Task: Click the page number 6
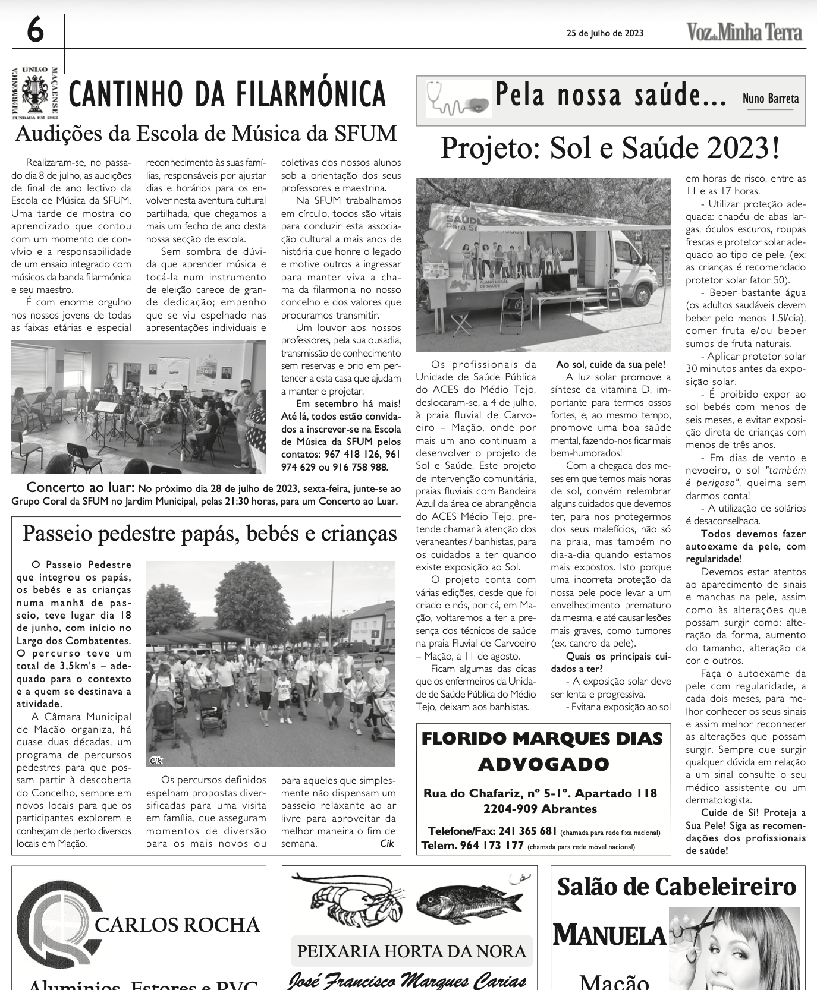35,30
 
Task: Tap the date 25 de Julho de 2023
605,33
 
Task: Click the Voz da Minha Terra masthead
744,32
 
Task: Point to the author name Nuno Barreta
770,99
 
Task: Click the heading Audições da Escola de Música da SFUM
206,133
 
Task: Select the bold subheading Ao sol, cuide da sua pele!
610,364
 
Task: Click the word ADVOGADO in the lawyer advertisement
543,764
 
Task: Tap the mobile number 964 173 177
492,845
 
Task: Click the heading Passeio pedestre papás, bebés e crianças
209,534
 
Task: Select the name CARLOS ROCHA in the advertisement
177,925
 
